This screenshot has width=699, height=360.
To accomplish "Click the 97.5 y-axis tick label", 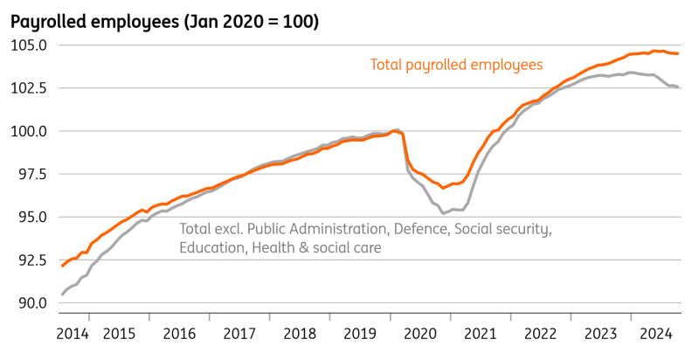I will pyautogui.click(x=30, y=174).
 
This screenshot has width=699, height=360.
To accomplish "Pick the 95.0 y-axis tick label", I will pyautogui.click(x=30, y=217).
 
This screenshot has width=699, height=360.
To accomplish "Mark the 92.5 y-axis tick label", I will pyautogui.click(x=30, y=260).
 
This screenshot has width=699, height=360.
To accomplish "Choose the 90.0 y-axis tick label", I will pyautogui.click(x=30, y=303).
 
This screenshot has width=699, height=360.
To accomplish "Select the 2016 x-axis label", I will pyautogui.click(x=179, y=334).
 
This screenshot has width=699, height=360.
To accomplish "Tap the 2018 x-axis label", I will pyautogui.click(x=300, y=334).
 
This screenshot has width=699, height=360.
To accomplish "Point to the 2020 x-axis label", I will pyautogui.click(x=421, y=334).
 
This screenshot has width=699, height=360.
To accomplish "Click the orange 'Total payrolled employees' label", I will pyautogui.click(x=457, y=65).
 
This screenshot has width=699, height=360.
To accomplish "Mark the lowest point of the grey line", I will pyautogui.click(x=443, y=213).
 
